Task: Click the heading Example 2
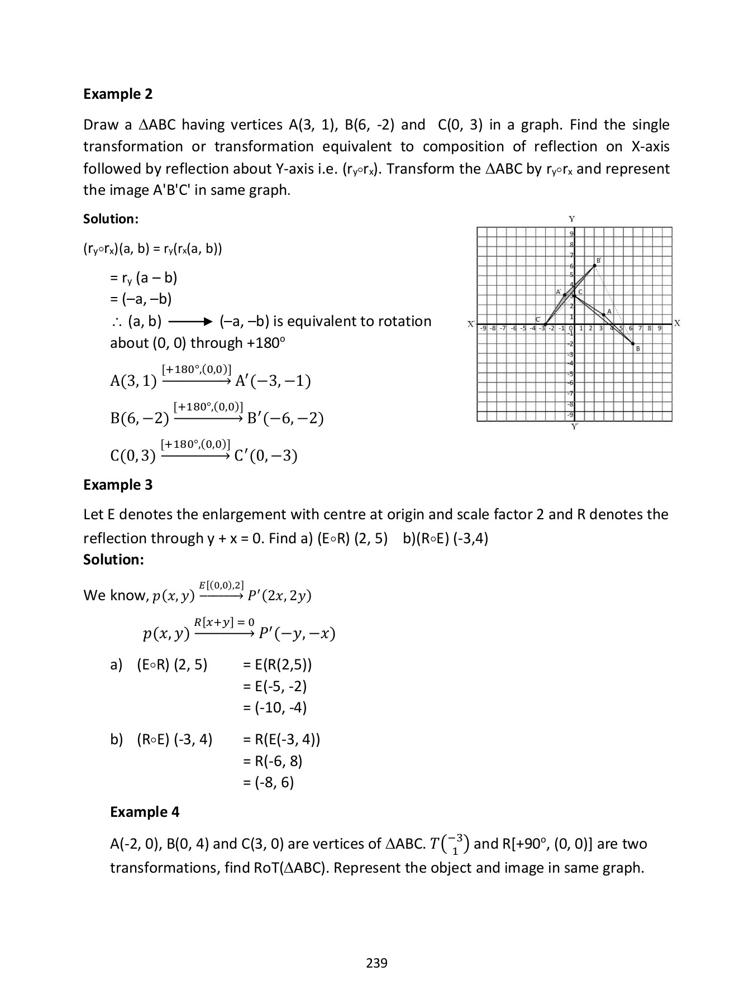pyautogui.click(x=118, y=94)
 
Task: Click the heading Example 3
pyautogui.click(x=118, y=485)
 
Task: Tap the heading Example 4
pyautogui.click(x=145, y=812)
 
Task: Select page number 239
pyautogui.click(x=376, y=963)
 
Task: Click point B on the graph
pyautogui.click(x=633, y=343)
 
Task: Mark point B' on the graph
pyautogui.click(x=594, y=266)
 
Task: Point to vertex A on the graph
pyautogui.click(x=603, y=314)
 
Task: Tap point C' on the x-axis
pyautogui.click(x=545, y=324)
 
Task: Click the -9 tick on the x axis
pyautogui.click(x=484, y=328)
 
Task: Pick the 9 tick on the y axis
pyautogui.click(x=571, y=233)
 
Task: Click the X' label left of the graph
pyautogui.click(x=471, y=324)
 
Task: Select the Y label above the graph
pyautogui.click(x=572, y=219)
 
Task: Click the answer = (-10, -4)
pyautogui.click(x=275, y=707)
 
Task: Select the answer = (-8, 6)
pyautogui.click(x=269, y=782)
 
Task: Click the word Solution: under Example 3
pyautogui.click(x=113, y=559)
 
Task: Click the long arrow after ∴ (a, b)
pyautogui.click(x=190, y=322)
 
